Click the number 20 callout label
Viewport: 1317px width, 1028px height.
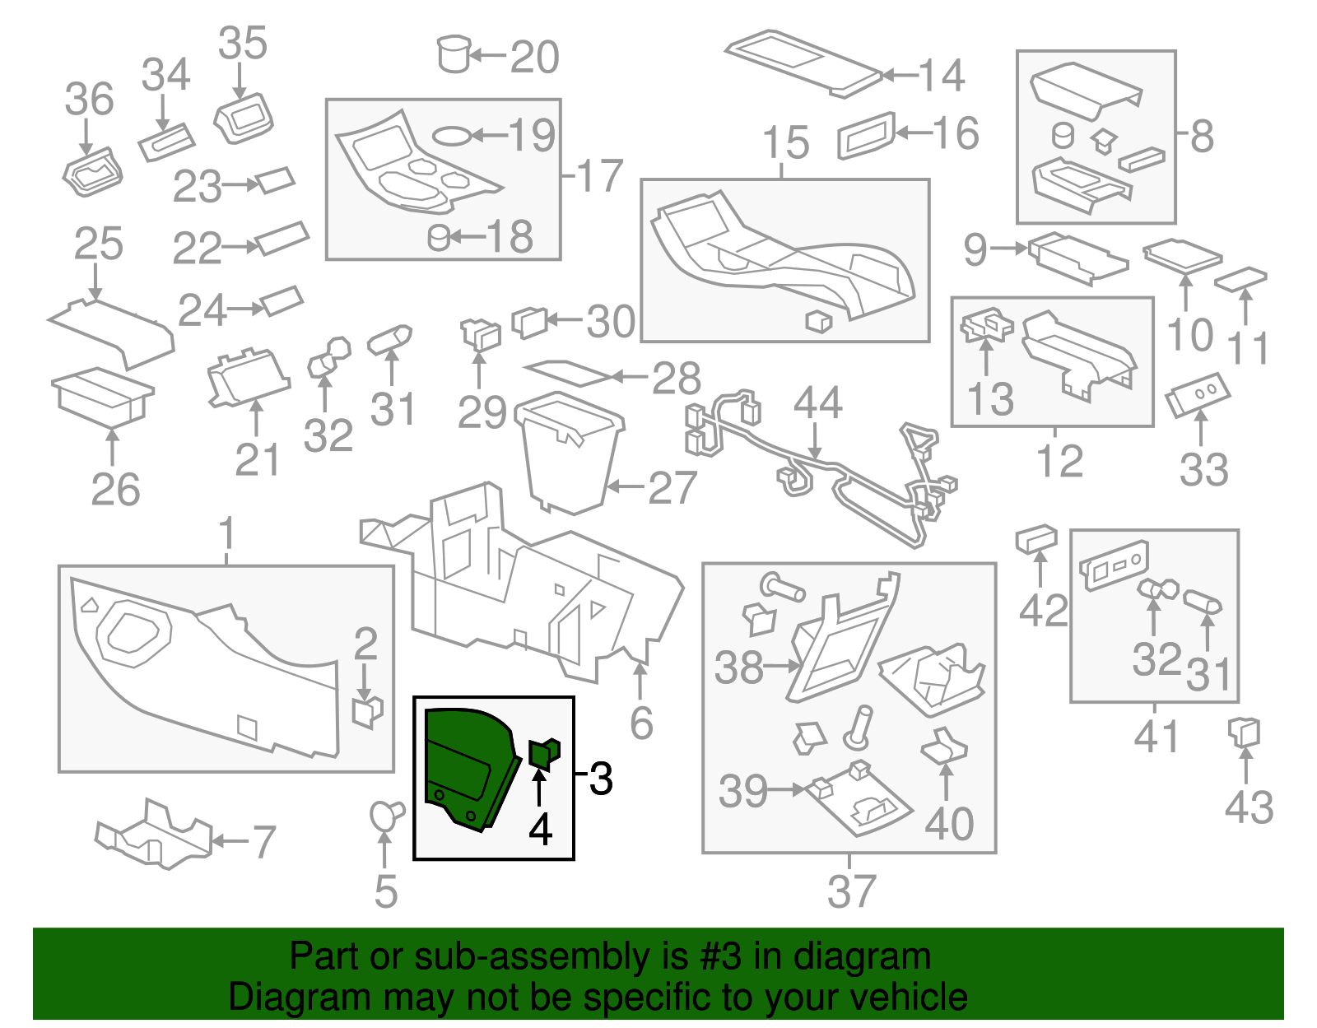534,57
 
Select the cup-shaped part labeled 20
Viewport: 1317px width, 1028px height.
453,53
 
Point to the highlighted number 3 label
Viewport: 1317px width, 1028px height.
602,778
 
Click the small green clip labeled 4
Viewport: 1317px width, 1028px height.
544,753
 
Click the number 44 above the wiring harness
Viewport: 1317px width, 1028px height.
817,403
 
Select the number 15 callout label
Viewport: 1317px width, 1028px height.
786,143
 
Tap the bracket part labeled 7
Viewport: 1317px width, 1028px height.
154,835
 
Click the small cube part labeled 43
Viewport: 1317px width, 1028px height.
1244,731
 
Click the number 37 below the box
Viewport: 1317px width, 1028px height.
851,891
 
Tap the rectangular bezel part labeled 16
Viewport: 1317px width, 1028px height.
866,135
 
